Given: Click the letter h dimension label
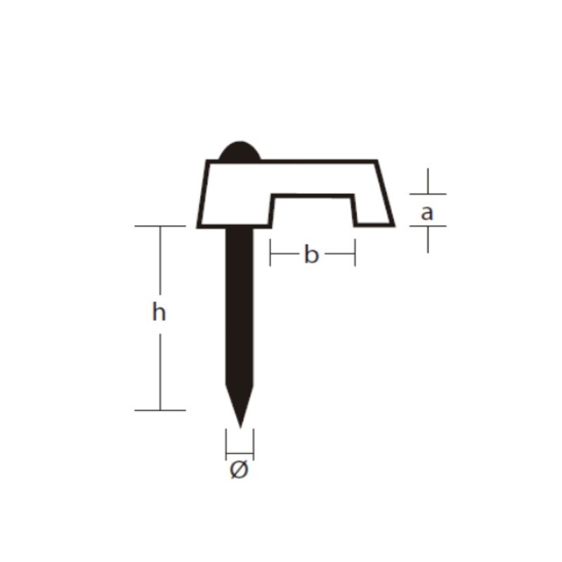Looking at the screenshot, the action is [159, 312].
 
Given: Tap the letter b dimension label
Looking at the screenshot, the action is [311, 254].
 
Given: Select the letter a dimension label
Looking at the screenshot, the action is [427, 213].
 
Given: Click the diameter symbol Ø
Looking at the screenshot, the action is [239, 470].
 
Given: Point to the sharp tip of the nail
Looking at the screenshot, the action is [240, 427].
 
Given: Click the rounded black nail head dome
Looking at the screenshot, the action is [240, 151].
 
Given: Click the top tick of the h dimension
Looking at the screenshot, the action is [160, 226].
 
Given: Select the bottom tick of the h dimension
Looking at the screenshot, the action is [160, 410].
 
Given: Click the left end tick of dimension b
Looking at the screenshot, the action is [270, 253].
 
